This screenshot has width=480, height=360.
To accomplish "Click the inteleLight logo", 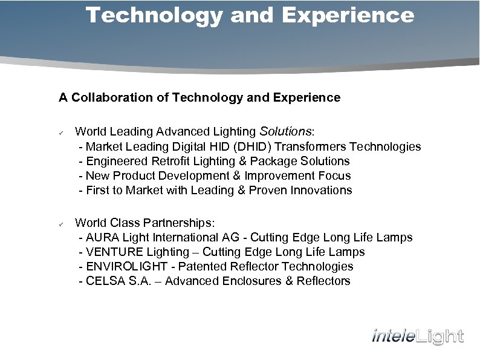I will point(417,336).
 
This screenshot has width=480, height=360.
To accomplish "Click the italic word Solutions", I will point(285,132).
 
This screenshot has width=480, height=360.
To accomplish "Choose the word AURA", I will point(103,237).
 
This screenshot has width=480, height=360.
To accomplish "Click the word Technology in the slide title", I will point(154,15).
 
